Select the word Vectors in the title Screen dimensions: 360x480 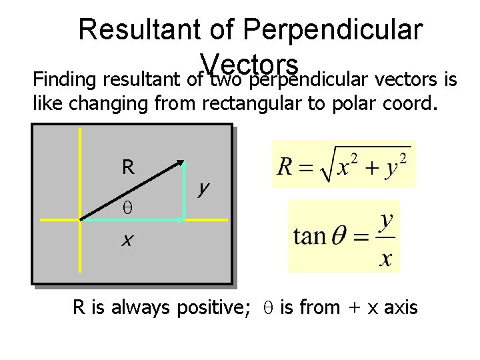251,64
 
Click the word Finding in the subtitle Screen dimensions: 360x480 60,81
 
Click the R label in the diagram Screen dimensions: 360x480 128,167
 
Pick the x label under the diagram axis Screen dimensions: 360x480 125,240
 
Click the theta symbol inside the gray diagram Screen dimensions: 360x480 128,209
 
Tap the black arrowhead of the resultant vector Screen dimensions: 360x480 180,162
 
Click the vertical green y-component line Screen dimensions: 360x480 184,193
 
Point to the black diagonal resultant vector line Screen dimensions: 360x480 130,190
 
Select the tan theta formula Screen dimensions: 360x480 343,237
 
